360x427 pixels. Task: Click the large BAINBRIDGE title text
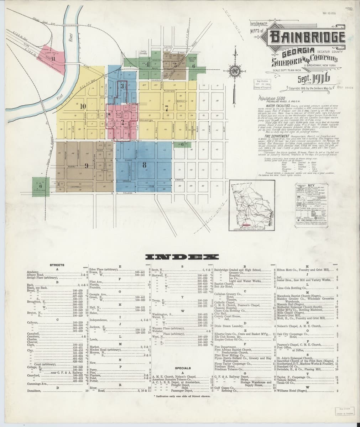click(308, 37)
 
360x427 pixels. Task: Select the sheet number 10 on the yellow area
click(83, 106)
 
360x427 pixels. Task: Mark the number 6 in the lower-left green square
click(41, 186)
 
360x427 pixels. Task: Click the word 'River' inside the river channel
click(70, 36)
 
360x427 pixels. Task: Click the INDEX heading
click(180, 257)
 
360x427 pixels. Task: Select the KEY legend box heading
click(313, 185)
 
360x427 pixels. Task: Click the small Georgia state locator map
click(256, 206)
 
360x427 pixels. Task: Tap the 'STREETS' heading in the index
click(57, 265)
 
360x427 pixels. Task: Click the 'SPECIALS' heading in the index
click(182, 368)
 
